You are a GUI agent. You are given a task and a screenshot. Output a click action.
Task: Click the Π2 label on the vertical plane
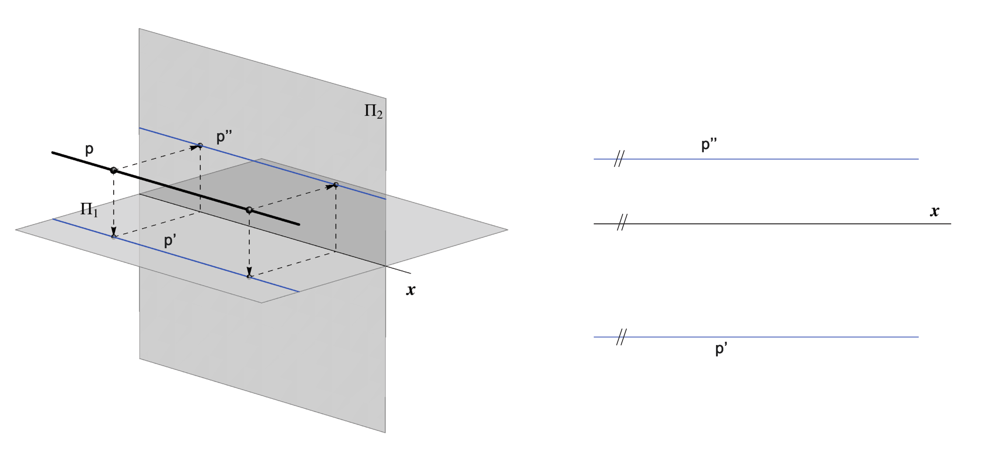coord(373,111)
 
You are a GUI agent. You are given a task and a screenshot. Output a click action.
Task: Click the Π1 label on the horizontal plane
coord(89,209)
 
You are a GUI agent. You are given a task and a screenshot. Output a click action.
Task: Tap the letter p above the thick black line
coord(89,149)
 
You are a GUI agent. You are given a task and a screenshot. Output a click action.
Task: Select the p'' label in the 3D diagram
coord(224,138)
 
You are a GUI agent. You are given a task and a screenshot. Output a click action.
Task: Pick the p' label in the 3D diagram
coord(170,241)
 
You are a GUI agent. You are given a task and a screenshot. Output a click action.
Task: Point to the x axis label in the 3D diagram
coord(410,290)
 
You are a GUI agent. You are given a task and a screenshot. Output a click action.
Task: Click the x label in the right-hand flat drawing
coord(934,211)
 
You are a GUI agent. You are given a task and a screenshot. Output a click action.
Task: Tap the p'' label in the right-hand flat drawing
coord(709,145)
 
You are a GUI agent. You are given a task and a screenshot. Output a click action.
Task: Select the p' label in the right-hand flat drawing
coord(721,349)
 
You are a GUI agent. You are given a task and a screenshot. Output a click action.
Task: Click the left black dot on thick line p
coord(113,170)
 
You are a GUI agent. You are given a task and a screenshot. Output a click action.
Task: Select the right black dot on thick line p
coord(249,210)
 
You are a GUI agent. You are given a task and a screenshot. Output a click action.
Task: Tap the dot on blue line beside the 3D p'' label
coord(200,145)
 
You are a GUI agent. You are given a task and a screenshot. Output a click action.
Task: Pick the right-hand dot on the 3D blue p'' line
coord(336,185)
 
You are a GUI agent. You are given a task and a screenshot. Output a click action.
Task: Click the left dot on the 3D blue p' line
coord(113,237)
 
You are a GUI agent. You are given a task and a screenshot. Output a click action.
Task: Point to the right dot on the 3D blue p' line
coord(249,277)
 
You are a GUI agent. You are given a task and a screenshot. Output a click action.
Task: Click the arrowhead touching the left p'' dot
coord(195,147)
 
